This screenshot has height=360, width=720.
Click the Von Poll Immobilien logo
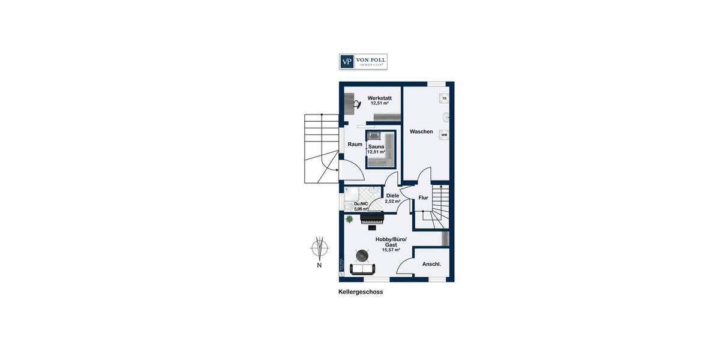pos(363,62)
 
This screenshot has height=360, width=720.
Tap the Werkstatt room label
pos(379,98)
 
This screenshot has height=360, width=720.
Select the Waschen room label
pos(421,131)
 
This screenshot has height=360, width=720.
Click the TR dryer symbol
pos(444,98)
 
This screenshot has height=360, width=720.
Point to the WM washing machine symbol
pos(444,135)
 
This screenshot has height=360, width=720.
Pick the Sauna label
pos(376,146)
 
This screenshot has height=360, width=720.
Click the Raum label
pos(355,145)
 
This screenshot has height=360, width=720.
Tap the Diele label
pos(392,196)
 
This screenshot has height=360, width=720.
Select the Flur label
pos(423,197)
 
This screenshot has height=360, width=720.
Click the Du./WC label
pos(361,204)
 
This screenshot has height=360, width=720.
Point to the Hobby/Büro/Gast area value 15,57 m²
pos(391,250)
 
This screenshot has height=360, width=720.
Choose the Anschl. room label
pos(431,264)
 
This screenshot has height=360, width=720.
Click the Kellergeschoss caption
pos(361,292)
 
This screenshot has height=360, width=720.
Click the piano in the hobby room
pos(372,220)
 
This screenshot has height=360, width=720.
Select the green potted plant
pos(349,220)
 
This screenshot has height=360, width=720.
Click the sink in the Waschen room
pos(446,116)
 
